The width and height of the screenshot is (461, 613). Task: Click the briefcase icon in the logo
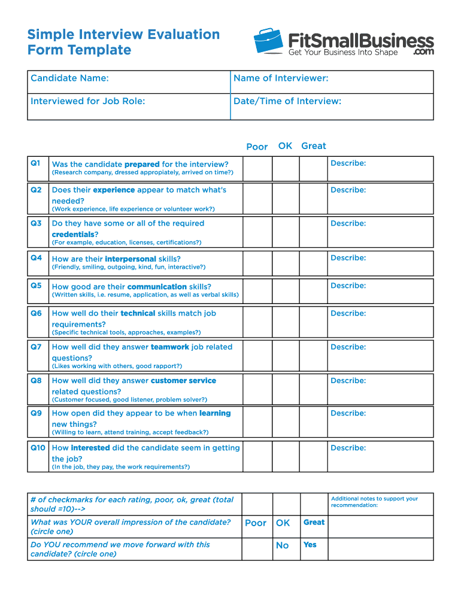click(268, 41)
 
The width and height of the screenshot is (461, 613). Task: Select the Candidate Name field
click(129, 82)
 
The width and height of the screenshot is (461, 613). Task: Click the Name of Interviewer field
click(332, 82)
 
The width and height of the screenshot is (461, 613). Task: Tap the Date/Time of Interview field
click(332, 107)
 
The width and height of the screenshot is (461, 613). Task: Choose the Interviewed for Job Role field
click(129, 107)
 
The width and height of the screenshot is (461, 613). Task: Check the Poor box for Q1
click(257, 169)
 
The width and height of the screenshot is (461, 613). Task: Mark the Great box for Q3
click(314, 232)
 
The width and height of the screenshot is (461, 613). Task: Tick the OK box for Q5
click(286, 290)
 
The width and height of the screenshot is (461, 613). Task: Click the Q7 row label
click(37, 347)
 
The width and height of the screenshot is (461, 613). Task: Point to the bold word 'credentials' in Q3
click(73, 234)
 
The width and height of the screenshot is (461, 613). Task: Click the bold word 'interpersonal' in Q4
click(130, 259)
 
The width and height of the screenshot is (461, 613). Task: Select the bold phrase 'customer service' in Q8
click(183, 381)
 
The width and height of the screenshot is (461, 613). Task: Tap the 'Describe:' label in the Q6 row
click(348, 313)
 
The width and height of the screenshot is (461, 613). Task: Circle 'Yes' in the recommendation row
click(310, 545)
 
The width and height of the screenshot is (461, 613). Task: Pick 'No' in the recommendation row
click(282, 545)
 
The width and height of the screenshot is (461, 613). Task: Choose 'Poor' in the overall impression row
click(256, 523)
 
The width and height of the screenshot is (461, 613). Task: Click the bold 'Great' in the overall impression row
click(314, 522)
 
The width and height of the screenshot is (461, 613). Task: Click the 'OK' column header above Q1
click(285, 146)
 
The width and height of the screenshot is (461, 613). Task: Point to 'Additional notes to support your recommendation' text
click(374, 502)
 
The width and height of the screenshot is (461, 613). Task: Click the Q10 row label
click(38, 447)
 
